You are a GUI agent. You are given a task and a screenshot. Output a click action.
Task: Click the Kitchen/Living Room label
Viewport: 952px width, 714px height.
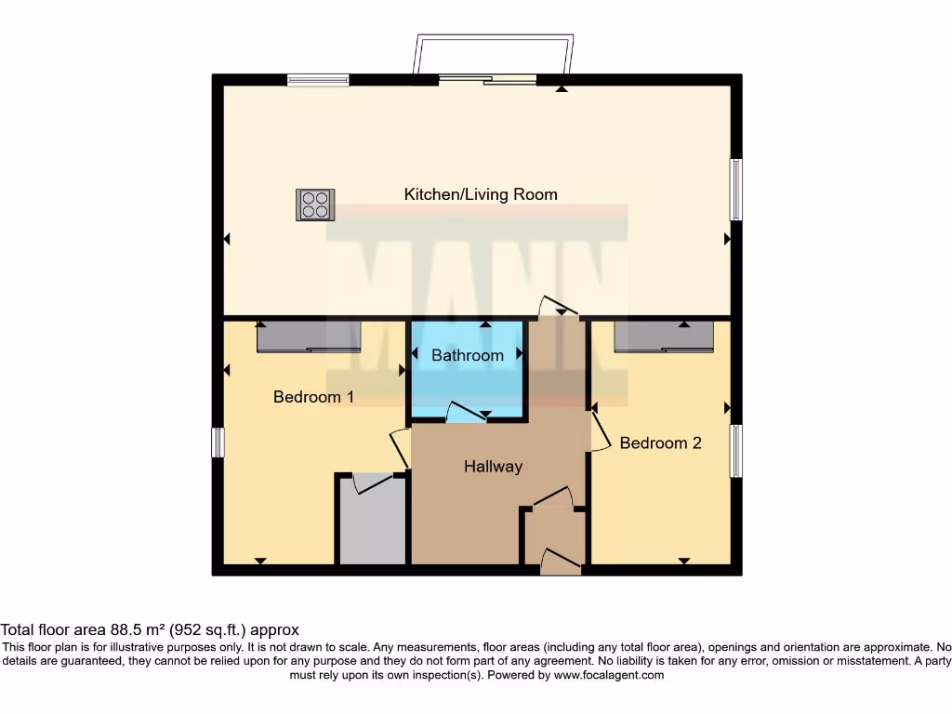481,194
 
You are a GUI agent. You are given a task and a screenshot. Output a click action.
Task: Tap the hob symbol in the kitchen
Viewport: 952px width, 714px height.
315,205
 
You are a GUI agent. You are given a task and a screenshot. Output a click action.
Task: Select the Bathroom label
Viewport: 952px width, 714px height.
468,355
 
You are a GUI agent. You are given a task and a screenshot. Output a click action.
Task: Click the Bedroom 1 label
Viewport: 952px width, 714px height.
313,397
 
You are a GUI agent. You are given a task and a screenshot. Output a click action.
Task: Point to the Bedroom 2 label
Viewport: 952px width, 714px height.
661,443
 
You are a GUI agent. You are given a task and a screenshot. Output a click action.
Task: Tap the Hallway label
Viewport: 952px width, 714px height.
493,467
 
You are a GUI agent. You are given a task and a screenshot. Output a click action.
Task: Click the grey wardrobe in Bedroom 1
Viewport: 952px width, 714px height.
309,337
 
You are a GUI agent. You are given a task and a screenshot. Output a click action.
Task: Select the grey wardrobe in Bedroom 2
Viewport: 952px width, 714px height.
664,337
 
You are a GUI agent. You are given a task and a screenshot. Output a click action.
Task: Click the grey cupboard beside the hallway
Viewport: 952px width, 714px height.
372,521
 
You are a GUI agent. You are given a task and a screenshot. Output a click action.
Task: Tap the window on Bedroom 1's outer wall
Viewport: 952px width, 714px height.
218,442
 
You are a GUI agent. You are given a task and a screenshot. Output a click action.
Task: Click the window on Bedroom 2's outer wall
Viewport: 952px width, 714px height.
736,451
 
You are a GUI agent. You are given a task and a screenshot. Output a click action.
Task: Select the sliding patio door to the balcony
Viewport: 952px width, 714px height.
487,78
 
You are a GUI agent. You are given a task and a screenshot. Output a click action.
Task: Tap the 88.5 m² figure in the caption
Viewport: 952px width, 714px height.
138,629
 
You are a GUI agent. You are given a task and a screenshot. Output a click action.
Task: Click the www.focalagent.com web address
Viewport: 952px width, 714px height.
609,675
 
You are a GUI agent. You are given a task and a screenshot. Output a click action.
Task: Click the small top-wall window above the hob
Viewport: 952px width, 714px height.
318,80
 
